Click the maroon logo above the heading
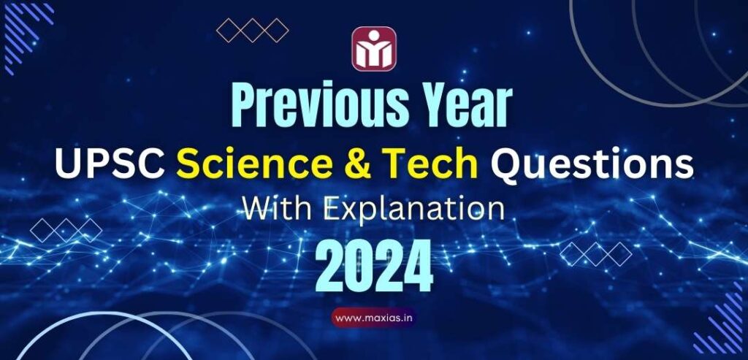(x=374, y=49)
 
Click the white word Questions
(x=591, y=166)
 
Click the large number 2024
(x=374, y=267)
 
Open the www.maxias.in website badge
(x=375, y=318)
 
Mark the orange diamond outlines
(x=253, y=30)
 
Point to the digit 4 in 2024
(x=419, y=267)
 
